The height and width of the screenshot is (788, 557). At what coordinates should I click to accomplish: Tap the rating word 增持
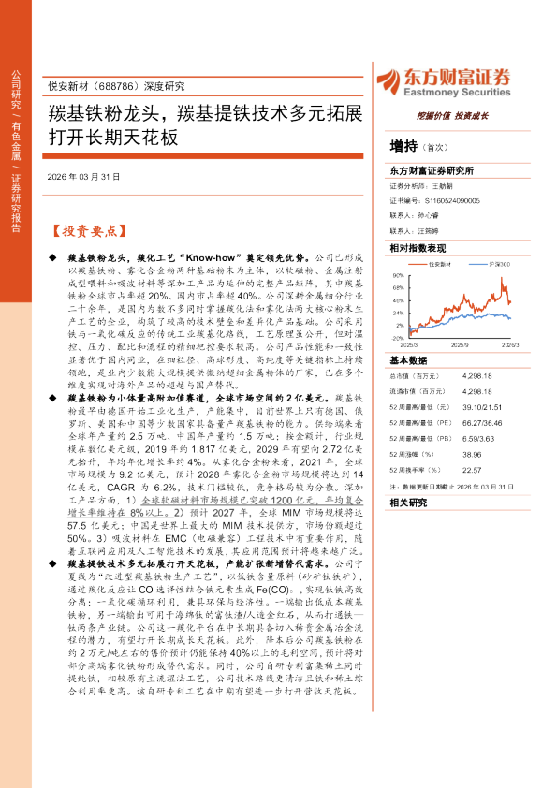click(x=403, y=145)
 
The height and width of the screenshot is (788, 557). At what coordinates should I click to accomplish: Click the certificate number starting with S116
click(x=453, y=200)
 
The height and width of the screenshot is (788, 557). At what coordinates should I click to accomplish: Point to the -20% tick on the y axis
click(x=399, y=339)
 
